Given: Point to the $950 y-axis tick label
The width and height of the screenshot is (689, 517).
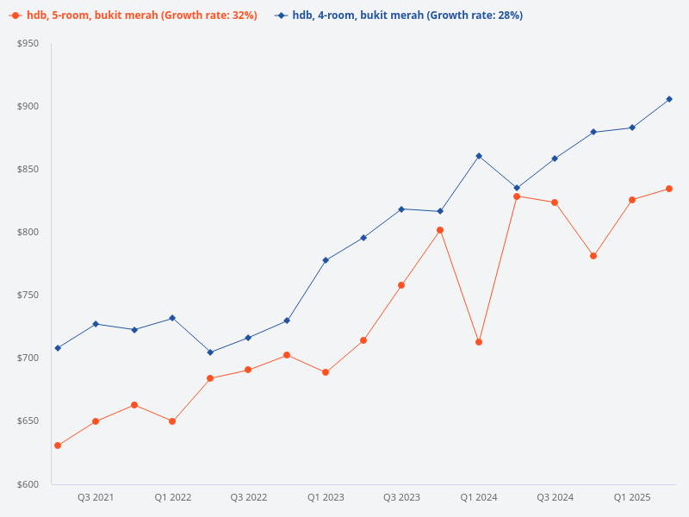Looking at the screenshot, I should [x=28, y=43].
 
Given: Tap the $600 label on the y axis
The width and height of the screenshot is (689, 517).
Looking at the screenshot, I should [x=28, y=484].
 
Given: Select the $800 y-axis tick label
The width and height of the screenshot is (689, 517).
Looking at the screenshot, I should [x=28, y=232].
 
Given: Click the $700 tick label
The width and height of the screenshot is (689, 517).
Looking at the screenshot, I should [x=28, y=358].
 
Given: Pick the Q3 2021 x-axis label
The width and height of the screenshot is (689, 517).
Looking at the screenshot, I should [x=96, y=497].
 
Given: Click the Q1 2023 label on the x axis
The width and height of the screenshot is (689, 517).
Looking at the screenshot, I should [x=326, y=497].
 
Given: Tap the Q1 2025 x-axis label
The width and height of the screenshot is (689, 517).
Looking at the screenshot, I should [x=632, y=497].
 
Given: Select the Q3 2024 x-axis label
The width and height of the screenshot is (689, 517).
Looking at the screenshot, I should [x=556, y=497].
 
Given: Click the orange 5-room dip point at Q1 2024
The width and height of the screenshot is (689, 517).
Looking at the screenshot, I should [x=479, y=342].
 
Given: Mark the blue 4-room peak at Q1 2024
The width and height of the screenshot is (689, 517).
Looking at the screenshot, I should [x=479, y=156].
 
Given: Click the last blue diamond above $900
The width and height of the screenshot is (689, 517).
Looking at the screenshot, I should [x=669, y=99].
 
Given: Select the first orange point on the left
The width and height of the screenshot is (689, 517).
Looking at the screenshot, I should [x=58, y=445].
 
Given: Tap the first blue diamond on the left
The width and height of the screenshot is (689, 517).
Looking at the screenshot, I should [x=58, y=348].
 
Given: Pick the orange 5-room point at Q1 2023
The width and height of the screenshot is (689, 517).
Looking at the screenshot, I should [x=326, y=372].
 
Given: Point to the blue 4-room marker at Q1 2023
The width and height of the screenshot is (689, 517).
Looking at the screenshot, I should [x=326, y=260].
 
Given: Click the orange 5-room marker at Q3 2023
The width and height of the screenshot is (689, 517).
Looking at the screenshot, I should [x=401, y=285].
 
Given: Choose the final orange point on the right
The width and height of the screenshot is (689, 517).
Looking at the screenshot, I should [x=669, y=189].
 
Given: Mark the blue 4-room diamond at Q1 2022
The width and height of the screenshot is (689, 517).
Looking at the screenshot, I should [x=172, y=318].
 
